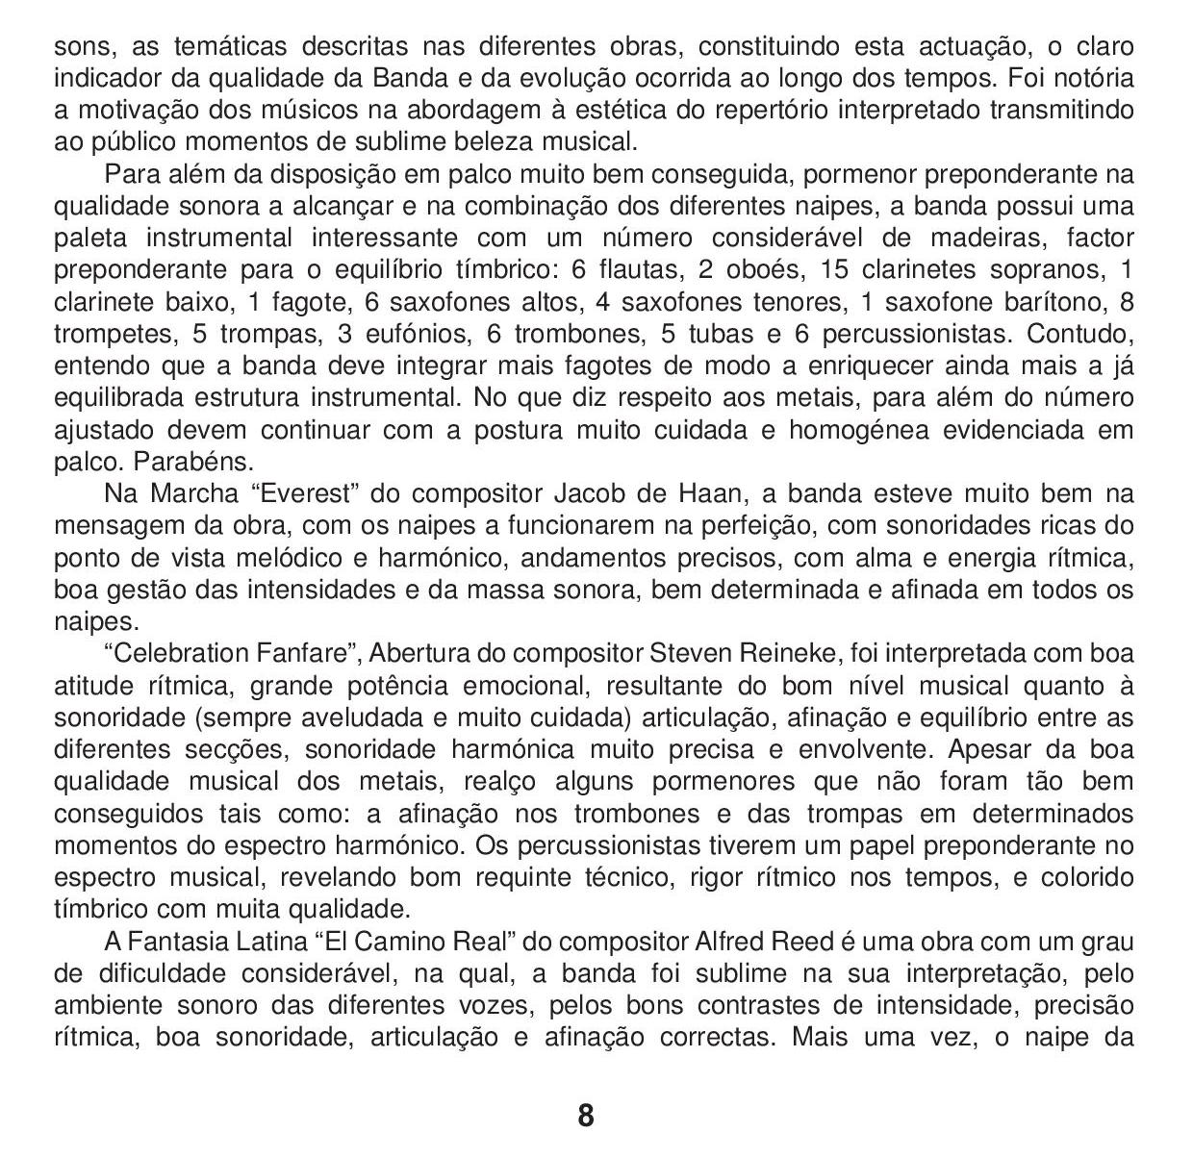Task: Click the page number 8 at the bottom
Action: [586, 1116]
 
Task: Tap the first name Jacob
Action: [587, 494]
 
